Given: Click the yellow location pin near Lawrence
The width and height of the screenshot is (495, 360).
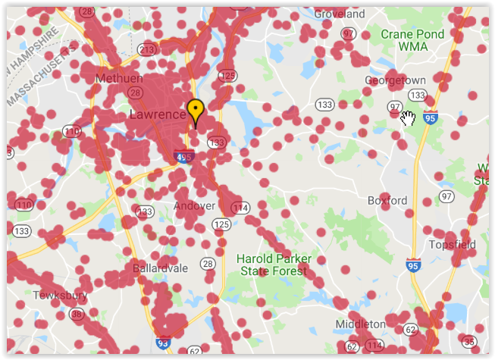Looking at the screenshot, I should pyautogui.click(x=196, y=110).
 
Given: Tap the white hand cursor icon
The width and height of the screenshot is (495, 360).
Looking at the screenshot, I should pyautogui.click(x=408, y=117).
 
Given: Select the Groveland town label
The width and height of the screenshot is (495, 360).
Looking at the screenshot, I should pyautogui.click(x=340, y=14).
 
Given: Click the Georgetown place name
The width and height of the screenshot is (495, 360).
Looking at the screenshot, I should pyautogui.click(x=395, y=80).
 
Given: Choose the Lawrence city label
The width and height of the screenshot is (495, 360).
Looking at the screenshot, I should pyautogui.click(x=158, y=115).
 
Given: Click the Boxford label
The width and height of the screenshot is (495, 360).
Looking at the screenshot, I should pyautogui.click(x=387, y=201).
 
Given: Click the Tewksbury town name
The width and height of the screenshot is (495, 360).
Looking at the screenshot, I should pyautogui.click(x=61, y=295).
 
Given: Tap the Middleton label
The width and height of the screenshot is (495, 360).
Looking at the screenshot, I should pyautogui.click(x=360, y=324).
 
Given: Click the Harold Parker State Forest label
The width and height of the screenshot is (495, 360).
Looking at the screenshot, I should pyautogui.click(x=274, y=265).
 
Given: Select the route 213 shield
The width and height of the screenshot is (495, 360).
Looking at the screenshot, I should pyautogui.click(x=147, y=50).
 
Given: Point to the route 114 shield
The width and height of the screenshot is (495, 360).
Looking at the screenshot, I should pyautogui.click(x=241, y=208).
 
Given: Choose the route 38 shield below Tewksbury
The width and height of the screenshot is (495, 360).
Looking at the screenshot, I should pyautogui.click(x=77, y=314).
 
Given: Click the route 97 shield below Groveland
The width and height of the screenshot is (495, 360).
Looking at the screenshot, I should pyautogui.click(x=349, y=34).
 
